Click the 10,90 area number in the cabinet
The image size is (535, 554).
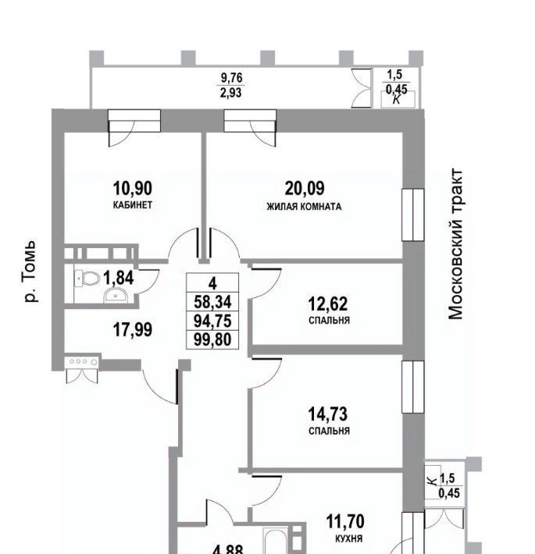click(133, 188)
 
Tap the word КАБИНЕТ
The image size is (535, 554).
click(133, 205)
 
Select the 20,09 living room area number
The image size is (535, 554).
click(305, 188)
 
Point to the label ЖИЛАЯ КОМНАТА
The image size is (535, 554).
click(304, 207)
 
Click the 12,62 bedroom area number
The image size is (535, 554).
click(328, 304)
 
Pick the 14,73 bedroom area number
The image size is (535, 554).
click(328, 414)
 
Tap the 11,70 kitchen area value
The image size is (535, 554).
click(345, 521)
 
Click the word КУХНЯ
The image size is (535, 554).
click(348, 539)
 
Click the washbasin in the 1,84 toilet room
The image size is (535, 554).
click(116, 295)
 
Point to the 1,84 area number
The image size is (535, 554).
click(119, 278)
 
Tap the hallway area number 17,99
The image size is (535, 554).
click(133, 329)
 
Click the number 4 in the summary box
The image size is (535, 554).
click(212, 283)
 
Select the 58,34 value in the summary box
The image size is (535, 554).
click(212, 302)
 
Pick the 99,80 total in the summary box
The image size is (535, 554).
click(212, 339)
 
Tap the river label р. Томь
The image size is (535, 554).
click(30, 272)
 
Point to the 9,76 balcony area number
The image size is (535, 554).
click(232, 77)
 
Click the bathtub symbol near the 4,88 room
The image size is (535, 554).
click(277, 542)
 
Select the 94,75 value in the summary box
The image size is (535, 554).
click(212, 321)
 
